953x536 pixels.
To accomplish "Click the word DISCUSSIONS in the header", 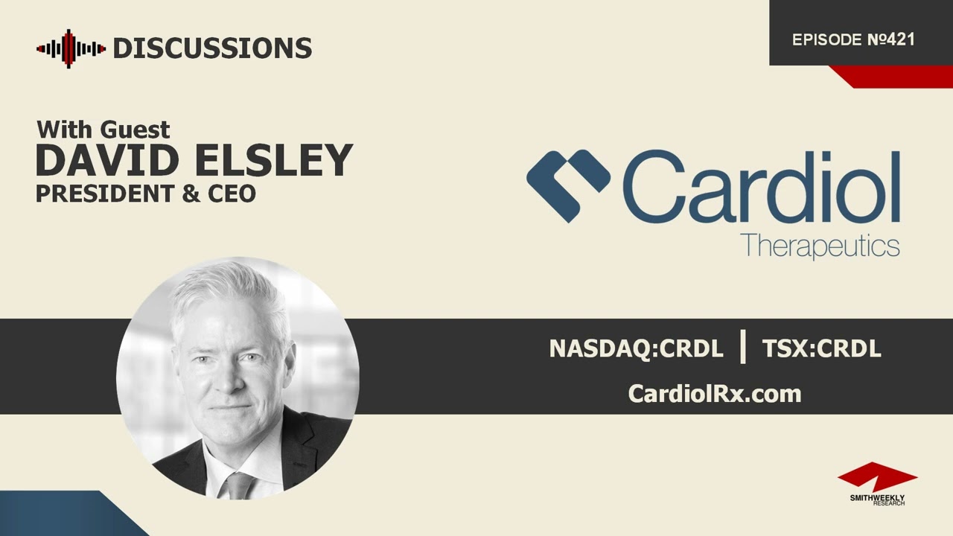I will tap(212, 49).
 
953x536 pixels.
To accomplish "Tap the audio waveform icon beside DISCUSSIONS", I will tap(71, 49).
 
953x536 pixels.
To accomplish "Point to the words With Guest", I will tap(103, 130).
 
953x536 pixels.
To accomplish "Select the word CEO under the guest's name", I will tap(232, 194).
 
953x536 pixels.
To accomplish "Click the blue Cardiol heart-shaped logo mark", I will tap(568, 185).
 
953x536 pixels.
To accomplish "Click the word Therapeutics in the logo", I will tap(820, 245).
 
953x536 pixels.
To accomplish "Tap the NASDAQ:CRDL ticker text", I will tap(636, 348).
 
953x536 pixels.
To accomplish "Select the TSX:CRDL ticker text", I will tap(821, 348).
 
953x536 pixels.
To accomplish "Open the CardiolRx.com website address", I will tap(715, 393).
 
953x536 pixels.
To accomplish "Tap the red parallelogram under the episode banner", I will tap(890, 76).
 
